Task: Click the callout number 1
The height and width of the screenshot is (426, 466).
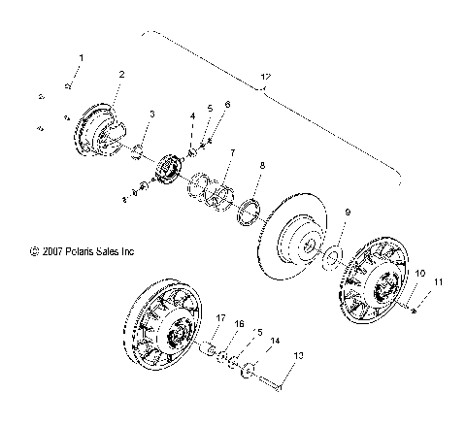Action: [81, 58]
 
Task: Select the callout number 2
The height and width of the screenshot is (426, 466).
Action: [121, 74]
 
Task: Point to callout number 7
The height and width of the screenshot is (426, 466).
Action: [232, 152]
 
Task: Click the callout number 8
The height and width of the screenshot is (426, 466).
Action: [260, 166]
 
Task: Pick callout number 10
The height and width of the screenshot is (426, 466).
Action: [420, 275]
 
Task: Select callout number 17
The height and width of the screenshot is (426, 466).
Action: [220, 317]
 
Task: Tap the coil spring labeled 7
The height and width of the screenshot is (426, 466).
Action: [212, 185]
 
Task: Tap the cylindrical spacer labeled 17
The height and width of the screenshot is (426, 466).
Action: [207, 346]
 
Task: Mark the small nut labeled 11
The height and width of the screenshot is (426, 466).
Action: [415, 309]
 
